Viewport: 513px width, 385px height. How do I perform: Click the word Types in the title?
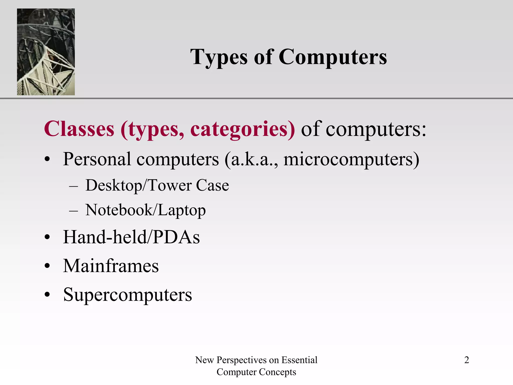click(219, 58)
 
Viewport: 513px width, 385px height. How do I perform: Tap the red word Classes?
click(79, 129)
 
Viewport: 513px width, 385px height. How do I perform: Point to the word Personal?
click(97, 159)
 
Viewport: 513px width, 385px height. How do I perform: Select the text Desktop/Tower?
click(139, 185)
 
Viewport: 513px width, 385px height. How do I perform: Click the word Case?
click(212, 185)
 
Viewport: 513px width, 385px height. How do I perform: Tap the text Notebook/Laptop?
click(145, 210)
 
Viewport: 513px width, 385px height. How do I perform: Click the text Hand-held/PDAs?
click(131, 237)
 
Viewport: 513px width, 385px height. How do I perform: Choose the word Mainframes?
click(111, 266)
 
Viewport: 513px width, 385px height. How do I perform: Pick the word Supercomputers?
click(127, 295)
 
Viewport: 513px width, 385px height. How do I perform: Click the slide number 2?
click(466, 360)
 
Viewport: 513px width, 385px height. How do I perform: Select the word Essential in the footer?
click(299, 360)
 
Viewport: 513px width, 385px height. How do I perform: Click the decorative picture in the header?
click(46, 52)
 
